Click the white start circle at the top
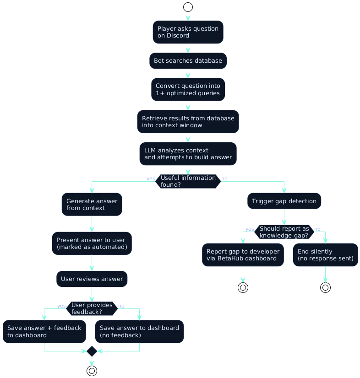pyautogui.click(x=188, y=7)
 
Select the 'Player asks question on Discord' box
pyautogui.click(x=188, y=32)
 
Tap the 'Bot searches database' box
pyautogui.click(x=188, y=61)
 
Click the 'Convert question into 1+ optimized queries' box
pyautogui.click(x=188, y=89)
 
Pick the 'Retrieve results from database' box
pyautogui.click(x=188, y=122)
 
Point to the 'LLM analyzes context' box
pyautogui.click(x=188, y=154)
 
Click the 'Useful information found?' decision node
pyautogui.click(x=188, y=181)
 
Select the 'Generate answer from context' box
pyautogui.click(x=92, y=205)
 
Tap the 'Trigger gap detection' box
pyautogui.click(x=284, y=201)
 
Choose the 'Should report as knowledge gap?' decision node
pyautogui.click(x=284, y=232)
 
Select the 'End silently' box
pyautogui.click(x=325, y=255)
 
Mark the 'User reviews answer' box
pyautogui.click(x=92, y=279)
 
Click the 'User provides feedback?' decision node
pyautogui.click(x=92, y=308)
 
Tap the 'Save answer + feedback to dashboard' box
pyautogui.click(x=44, y=331)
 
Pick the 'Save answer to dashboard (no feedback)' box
pyautogui.click(x=139, y=331)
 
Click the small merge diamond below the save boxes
pyautogui.click(x=92, y=351)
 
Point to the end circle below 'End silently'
pyautogui.click(x=325, y=288)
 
